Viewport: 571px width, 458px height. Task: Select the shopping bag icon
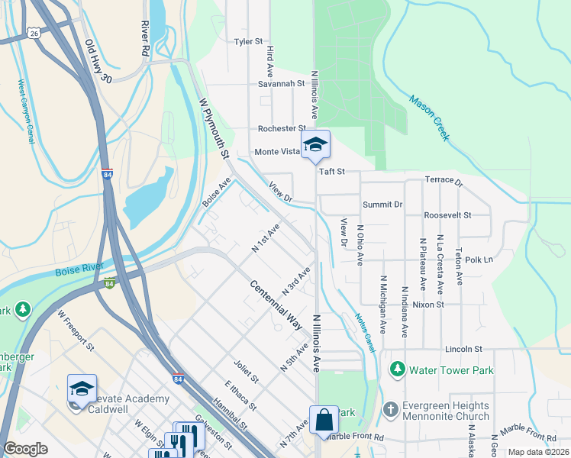click(324, 419)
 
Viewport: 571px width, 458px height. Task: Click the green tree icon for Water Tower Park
click(397, 370)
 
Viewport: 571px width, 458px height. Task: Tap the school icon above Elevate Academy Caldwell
click(82, 389)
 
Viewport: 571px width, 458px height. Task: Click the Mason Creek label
click(427, 118)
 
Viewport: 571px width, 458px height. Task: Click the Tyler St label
click(248, 41)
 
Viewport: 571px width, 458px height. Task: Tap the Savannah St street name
click(276, 84)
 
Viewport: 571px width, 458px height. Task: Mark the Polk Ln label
click(478, 260)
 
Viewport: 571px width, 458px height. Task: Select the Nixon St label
click(428, 305)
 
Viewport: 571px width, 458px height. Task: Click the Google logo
click(26, 449)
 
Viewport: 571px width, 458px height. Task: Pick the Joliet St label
click(247, 373)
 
